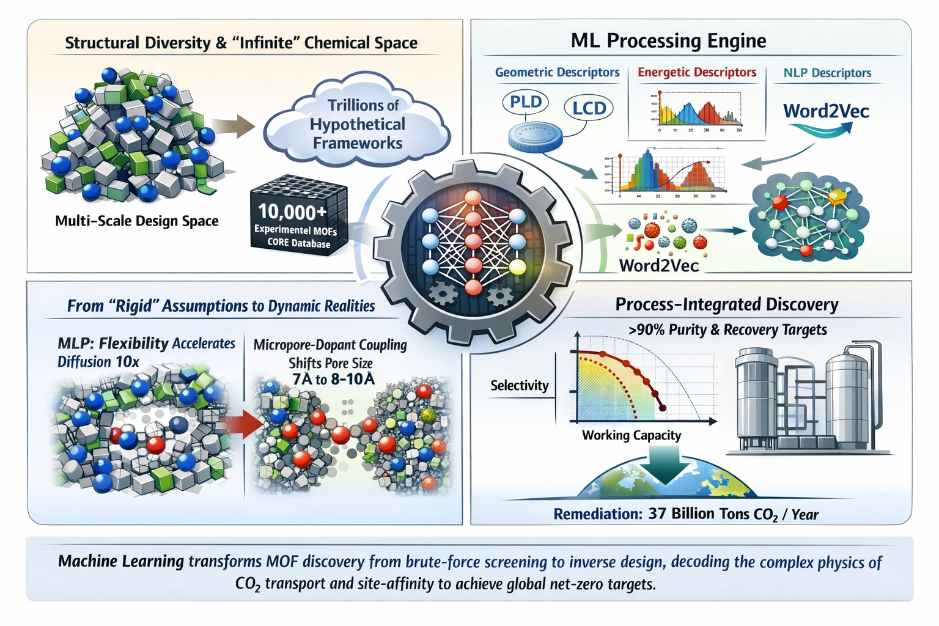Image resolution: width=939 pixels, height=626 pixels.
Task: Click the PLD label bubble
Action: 525,102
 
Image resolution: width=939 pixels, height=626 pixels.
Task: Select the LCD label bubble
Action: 589,108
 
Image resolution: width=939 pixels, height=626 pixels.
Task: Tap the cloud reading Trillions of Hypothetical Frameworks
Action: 358,124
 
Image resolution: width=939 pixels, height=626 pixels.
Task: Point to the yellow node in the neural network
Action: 517,267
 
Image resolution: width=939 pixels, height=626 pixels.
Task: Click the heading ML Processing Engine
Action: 668,41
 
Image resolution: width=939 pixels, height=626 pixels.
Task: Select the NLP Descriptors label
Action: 827,73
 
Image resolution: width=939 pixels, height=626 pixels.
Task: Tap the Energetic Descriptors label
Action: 697,73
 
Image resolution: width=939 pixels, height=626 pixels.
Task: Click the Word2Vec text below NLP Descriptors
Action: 826,111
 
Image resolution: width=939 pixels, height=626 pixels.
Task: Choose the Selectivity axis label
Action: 520,386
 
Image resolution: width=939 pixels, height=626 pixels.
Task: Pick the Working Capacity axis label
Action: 632,435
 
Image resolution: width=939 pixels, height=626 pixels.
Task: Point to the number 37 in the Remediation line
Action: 657,514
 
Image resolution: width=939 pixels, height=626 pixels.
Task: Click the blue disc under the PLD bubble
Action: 535,136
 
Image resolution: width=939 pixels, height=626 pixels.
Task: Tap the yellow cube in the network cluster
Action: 836,197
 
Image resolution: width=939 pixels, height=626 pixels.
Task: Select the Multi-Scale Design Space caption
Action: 137,221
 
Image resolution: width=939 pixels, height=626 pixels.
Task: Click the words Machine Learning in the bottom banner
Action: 121,561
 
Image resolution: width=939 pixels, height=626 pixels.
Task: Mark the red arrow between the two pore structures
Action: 240,423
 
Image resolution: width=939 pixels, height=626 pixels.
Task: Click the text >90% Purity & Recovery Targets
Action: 727,330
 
